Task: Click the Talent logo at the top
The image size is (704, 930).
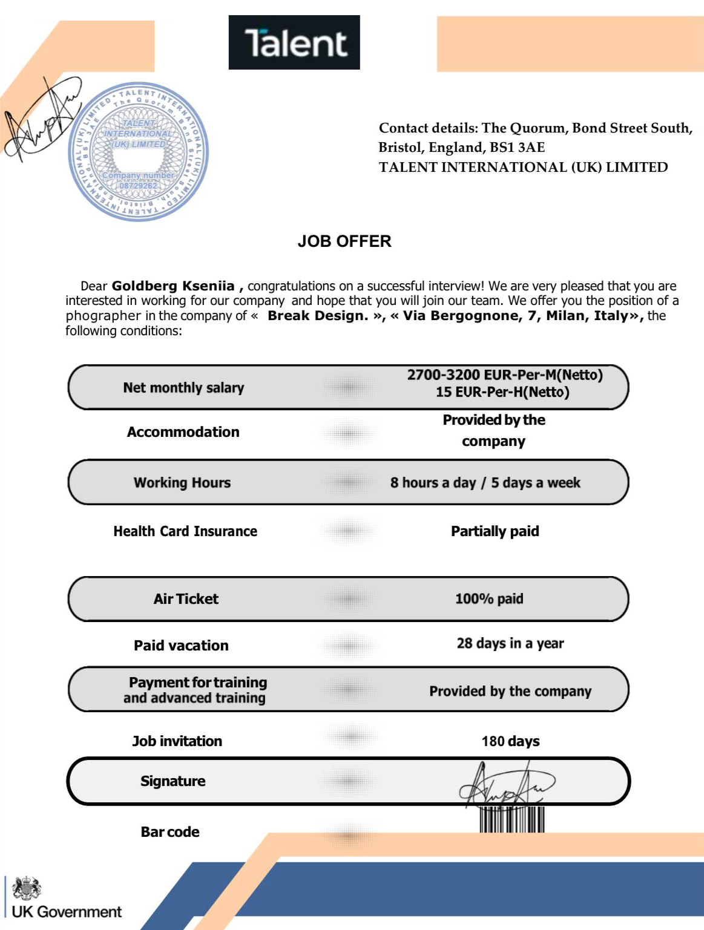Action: tap(294, 42)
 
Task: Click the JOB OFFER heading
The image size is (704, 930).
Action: tap(344, 241)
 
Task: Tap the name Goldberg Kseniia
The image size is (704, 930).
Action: tap(173, 286)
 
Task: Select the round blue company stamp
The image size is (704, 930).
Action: tap(139, 151)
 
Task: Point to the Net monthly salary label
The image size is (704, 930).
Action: tap(183, 388)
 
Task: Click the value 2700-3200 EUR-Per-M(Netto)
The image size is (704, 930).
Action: tap(504, 375)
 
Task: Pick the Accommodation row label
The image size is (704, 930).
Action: tap(183, 432)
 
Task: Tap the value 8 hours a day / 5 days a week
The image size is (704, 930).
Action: tap(485, 483)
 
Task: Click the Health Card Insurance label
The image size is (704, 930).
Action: tap(185, 531)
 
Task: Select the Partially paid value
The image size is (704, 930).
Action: tap(495, 531)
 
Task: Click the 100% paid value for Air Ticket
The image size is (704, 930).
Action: tap(489, 599)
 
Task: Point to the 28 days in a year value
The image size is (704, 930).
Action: tap(510, 643)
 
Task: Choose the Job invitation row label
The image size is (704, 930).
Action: tap(177, 741)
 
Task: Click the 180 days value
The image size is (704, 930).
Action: tap(510, 741)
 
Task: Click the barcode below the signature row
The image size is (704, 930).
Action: tap(512, 820)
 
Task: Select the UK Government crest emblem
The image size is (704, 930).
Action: tap(27, 888)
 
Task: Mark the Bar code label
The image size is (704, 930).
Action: tap(169, 832)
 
